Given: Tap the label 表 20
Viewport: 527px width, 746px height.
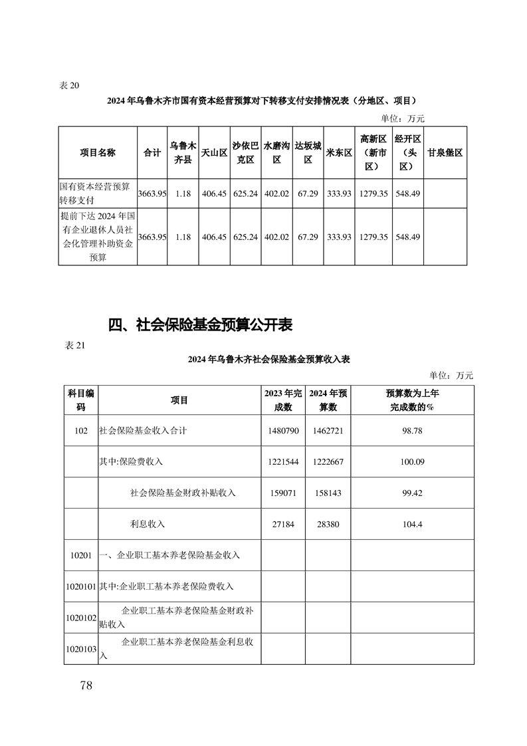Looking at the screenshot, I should [x=69, y=84].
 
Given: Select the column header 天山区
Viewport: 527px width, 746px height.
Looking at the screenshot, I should [x=214, y=152].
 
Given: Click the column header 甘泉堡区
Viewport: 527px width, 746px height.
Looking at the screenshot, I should [x=445, y=152].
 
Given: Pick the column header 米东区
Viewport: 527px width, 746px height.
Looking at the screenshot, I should [x=339, y=152].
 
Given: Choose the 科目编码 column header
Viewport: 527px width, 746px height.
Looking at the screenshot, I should [x=81, y=400].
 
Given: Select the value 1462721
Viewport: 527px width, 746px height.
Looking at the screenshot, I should [x=328, y=431].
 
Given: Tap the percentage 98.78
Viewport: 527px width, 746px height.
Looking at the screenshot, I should [x=412, y=431].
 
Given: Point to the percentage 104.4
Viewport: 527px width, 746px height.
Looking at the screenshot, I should [x=412, y=524].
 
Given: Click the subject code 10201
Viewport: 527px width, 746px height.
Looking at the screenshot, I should [x=81, y=555].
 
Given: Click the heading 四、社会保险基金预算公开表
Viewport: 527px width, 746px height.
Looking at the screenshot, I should [x=201, y=325].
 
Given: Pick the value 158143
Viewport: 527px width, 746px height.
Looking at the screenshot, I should [x=328, y=493].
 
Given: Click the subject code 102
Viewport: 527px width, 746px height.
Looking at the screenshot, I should [x=81, y=431].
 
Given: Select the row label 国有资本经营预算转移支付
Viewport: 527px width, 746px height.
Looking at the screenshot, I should [x=97, y=193].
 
